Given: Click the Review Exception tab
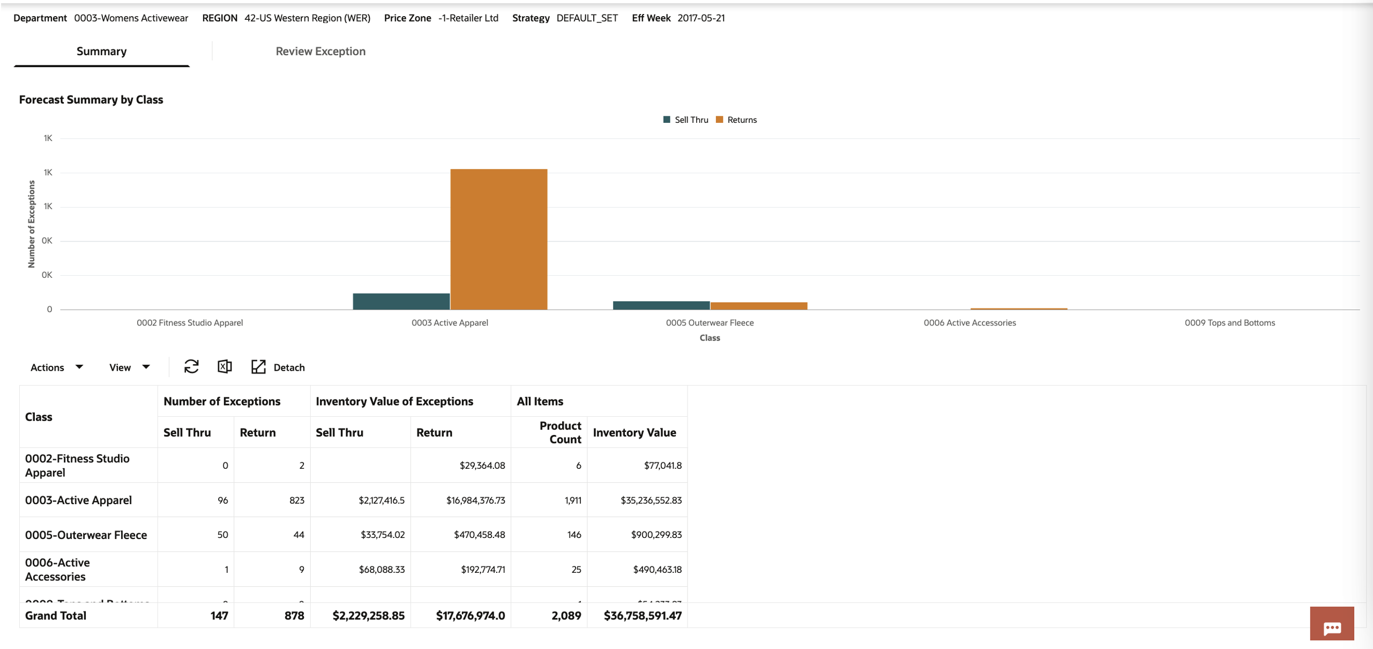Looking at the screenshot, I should point(320,51).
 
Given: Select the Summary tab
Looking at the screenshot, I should point(101,51).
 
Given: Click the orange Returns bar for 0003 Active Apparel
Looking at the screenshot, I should point(498,239).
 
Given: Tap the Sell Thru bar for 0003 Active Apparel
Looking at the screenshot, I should point(401,301).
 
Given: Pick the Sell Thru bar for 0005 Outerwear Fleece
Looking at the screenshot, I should point(661,305).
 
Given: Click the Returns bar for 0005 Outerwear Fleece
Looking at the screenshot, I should point(758,306).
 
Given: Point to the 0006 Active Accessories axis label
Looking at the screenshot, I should point(969,323).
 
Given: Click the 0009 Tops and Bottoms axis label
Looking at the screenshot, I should point(1229,323).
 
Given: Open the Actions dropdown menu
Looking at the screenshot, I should point(56,367).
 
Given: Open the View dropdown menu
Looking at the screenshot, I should point(129,367).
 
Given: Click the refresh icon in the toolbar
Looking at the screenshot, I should point(191,367).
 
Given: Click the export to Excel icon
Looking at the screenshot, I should point(225,367).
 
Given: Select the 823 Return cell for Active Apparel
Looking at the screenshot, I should point(296,500).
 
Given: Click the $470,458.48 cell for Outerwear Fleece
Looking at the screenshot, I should point(479,535).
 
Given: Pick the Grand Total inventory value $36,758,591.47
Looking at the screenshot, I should point(642,616).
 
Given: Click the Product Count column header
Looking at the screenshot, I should point(559,432).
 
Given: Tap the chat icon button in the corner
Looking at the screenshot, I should point(1331,624).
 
